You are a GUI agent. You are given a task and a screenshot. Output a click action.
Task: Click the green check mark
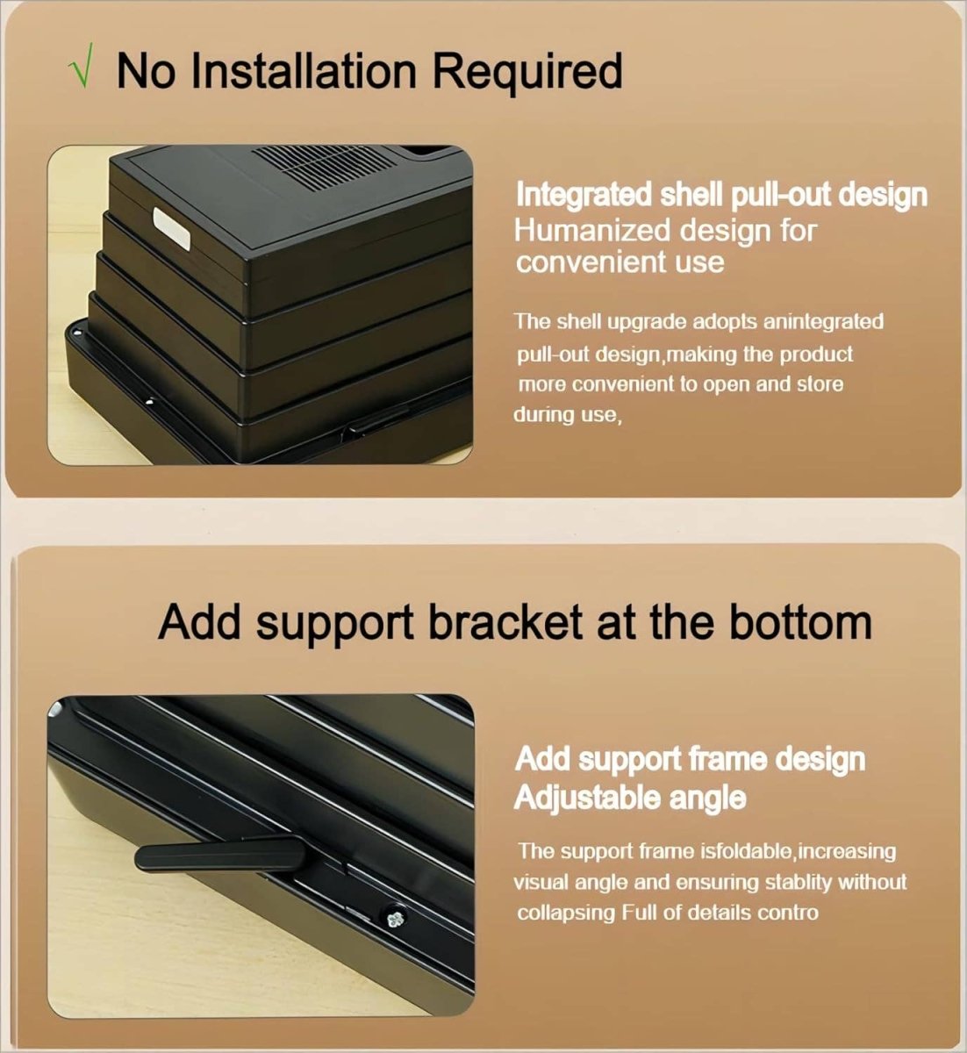(81, 66)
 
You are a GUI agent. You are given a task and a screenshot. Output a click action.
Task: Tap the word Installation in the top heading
(304, 71)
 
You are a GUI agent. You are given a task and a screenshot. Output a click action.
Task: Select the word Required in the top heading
(527, 74)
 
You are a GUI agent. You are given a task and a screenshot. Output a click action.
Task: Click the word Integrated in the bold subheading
(584, 197)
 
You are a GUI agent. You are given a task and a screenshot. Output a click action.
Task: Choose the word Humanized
(592, 230)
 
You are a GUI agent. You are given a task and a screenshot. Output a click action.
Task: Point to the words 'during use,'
(568, 415)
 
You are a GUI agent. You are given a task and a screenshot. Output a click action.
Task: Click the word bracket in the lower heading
(505, 622)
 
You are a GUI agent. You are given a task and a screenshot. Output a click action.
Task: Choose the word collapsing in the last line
(565, 913)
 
